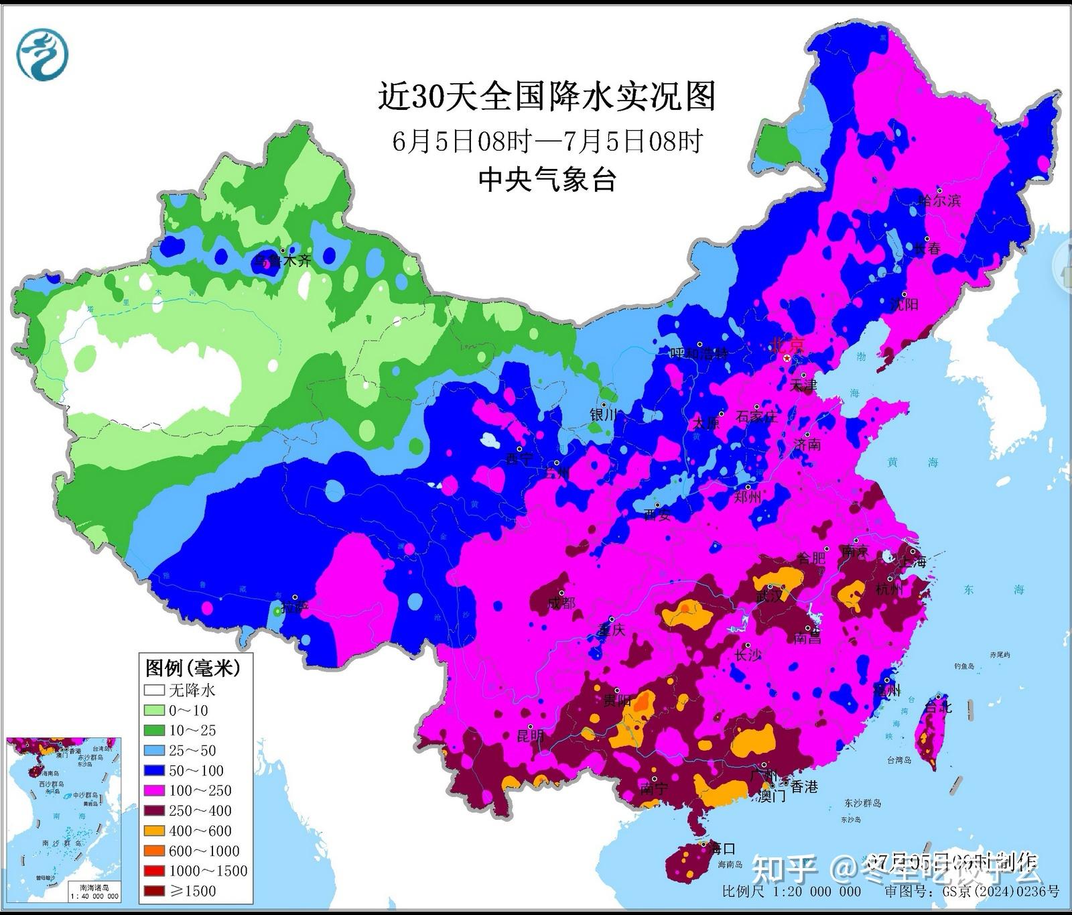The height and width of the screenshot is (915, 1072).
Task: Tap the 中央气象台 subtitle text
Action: [547, 180]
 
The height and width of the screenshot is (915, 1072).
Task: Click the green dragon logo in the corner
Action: [42, 54]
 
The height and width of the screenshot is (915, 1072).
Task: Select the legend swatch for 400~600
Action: [154, 831]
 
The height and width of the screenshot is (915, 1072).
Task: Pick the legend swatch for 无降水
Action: [154, 690]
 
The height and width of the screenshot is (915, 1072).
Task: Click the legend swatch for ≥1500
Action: [154, 891]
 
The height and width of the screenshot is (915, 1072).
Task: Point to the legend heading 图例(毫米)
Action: [192, 668]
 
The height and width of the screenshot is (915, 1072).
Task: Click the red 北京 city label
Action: [787, 345]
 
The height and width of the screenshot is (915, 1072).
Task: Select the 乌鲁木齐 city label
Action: [282, 261]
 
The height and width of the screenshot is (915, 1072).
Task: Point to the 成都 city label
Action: [561, 603]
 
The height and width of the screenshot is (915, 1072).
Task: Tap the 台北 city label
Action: [937, 707]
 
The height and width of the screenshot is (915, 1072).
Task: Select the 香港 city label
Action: [804, 786]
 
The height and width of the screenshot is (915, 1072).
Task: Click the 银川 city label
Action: [603, 415]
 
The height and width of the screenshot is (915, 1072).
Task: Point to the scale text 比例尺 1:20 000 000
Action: [791, 891]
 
